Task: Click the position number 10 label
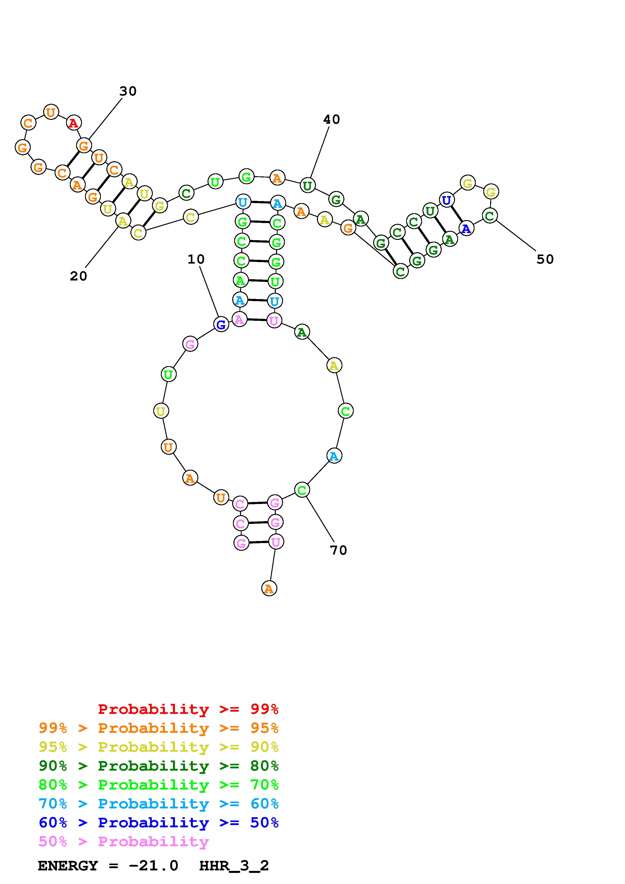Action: click(196, 260)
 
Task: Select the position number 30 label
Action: click(128, 91)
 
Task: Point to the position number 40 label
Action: click(332, 120)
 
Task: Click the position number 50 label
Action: click(545, 260)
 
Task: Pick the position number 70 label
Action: click(339, 551)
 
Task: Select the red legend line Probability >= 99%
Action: click(188, 709)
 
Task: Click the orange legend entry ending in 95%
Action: click(159, 728)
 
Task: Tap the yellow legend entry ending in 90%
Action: click(159, 747)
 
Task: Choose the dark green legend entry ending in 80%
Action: click(159, 766)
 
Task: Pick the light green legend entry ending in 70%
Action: click(159, 785)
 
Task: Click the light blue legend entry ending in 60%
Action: click(159, 804)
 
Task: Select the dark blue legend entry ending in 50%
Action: click(159, 823)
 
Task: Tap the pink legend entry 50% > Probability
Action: click(124, 841)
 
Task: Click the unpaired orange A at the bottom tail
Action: click(269, 588)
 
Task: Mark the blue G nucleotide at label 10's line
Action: click(221, 325)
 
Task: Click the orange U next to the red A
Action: click(51, 112)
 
